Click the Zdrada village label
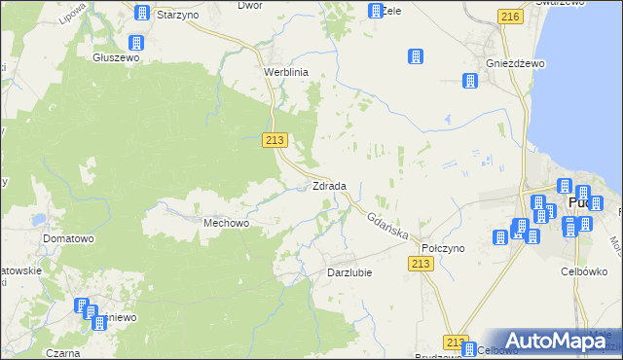click(x=328, y=186)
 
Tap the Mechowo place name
click(x=227, y=223)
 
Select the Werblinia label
click(x=286, y=72)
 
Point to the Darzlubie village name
click(x=350, y=272)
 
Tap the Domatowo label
click(x=67, y=237)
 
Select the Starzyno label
click(x=178, y=16)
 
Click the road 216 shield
click(x=508, y=17)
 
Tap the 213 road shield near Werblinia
click(x=275, y=141)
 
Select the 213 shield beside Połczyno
click(x=421, y=265)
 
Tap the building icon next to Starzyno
click(x=142, y=14)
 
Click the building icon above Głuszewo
click(x=135, y=43)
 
